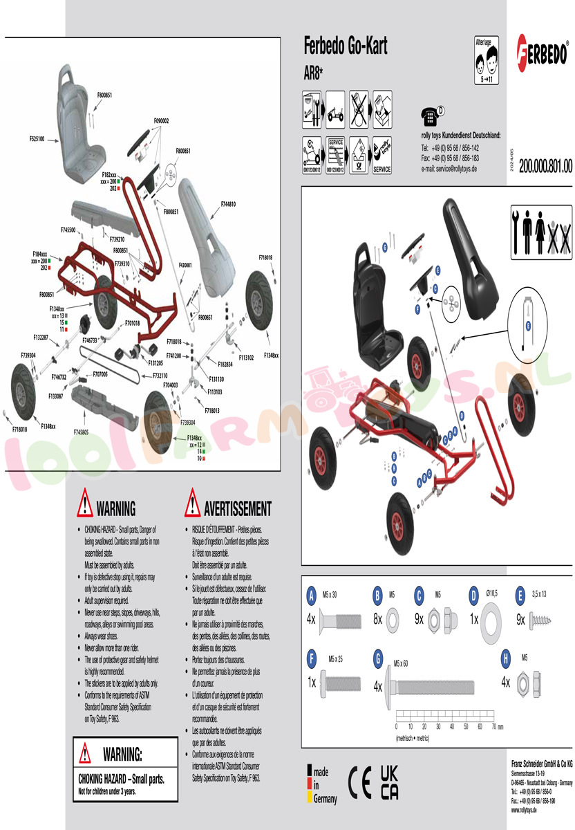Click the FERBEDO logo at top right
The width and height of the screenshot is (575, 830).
coord(543,52)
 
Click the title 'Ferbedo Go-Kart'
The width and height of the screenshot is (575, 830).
coord(346,46)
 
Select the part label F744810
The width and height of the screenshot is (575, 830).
coord(228,204)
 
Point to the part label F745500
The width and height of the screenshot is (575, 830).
coord(68,229)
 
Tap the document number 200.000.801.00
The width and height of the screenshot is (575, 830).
coord(545,166)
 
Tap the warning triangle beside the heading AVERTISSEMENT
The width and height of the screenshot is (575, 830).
coord(192,502)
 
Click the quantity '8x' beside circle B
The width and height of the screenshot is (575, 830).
coord(377,620)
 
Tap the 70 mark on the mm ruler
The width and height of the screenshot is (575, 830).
coord(494,726)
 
